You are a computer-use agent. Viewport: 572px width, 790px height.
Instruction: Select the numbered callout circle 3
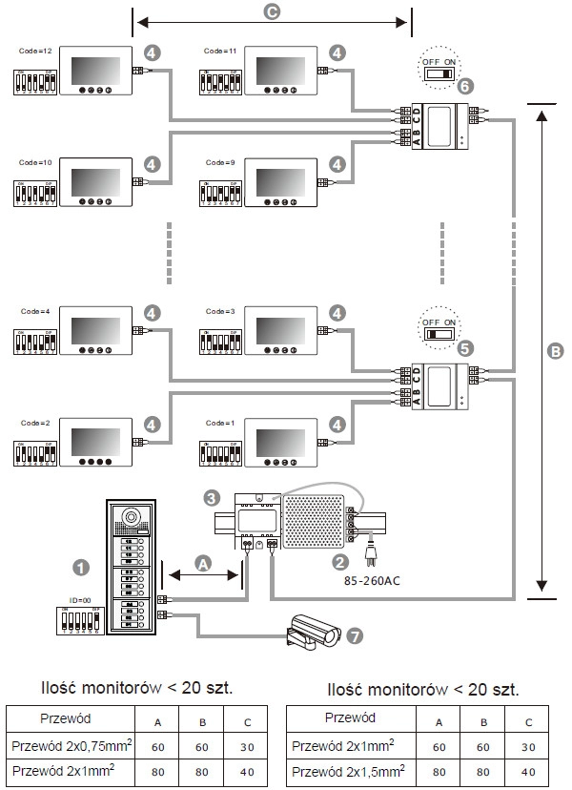click(213, 497)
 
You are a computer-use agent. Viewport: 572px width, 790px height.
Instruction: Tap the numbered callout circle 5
click(464, 349)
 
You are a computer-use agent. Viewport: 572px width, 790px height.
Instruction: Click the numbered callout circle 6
click(464, 85)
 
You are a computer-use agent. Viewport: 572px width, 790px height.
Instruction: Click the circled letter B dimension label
click(556, 350)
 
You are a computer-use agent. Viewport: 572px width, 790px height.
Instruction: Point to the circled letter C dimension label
click(271, 13)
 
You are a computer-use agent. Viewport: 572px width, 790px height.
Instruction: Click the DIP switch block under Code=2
click(36, 452)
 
